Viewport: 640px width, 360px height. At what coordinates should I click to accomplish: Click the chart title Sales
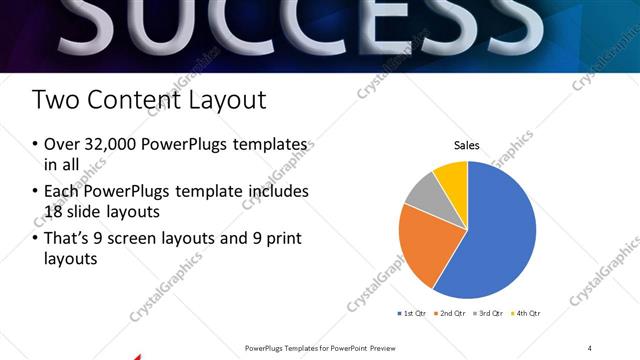pyautogui.click(x=467, y=145)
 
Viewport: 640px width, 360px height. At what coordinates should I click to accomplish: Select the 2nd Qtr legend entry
pyautogui.click(x=449, y=314)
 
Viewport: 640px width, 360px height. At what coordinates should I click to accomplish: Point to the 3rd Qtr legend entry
pyautogui.click(x=488, y=314)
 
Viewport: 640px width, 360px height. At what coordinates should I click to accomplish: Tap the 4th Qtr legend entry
pyautogui.click(x=526, y=314)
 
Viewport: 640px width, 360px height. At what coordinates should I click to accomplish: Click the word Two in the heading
pyautogui.click(x=53, y=100)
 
